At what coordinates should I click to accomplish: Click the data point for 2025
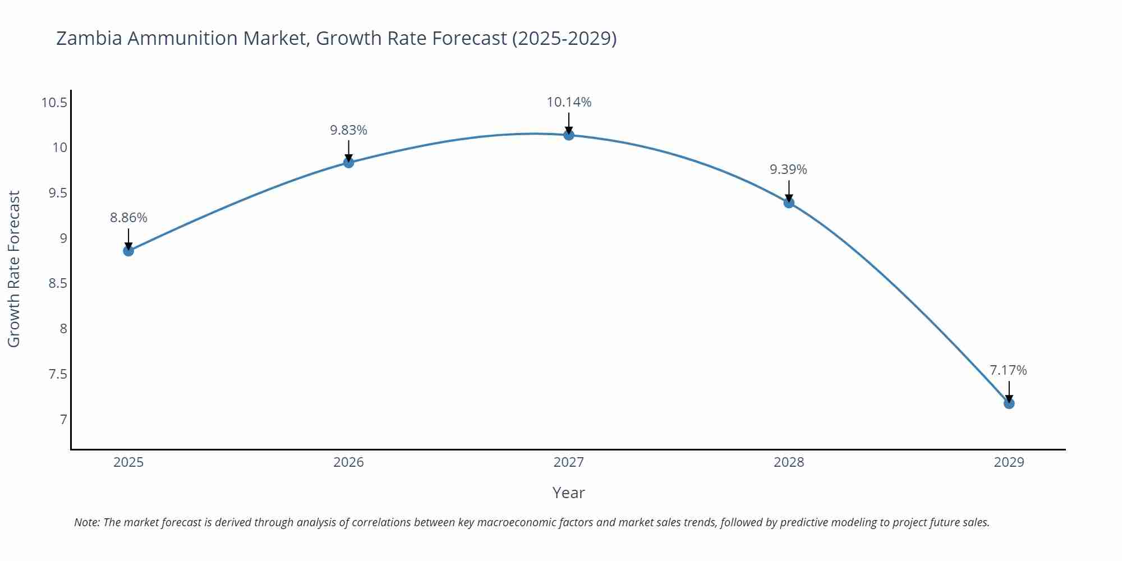point(128,251)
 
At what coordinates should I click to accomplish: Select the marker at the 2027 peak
point(569,135)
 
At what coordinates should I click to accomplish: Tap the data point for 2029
point(1009,403)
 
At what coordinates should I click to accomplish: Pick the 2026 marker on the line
point(348,163)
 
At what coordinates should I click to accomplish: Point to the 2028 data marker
point(789,203)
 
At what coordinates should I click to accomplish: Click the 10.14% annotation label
point(569,102)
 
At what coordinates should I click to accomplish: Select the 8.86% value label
point(128,218)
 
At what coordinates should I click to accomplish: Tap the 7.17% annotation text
point(1008,370)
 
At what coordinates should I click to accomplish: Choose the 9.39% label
point(788,169)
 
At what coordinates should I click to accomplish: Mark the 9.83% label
point(348,130)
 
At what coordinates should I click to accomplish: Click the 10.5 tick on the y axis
point(54,103)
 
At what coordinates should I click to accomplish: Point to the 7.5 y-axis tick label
point(58,374)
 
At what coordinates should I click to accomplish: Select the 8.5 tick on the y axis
point(58,283)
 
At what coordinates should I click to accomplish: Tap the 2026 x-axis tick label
point(348,462)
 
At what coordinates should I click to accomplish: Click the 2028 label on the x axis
point(789,462)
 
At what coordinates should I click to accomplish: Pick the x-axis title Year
point(568,493)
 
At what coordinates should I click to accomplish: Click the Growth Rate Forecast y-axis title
point(13,269)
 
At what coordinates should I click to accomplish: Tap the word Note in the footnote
point(86,522)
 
